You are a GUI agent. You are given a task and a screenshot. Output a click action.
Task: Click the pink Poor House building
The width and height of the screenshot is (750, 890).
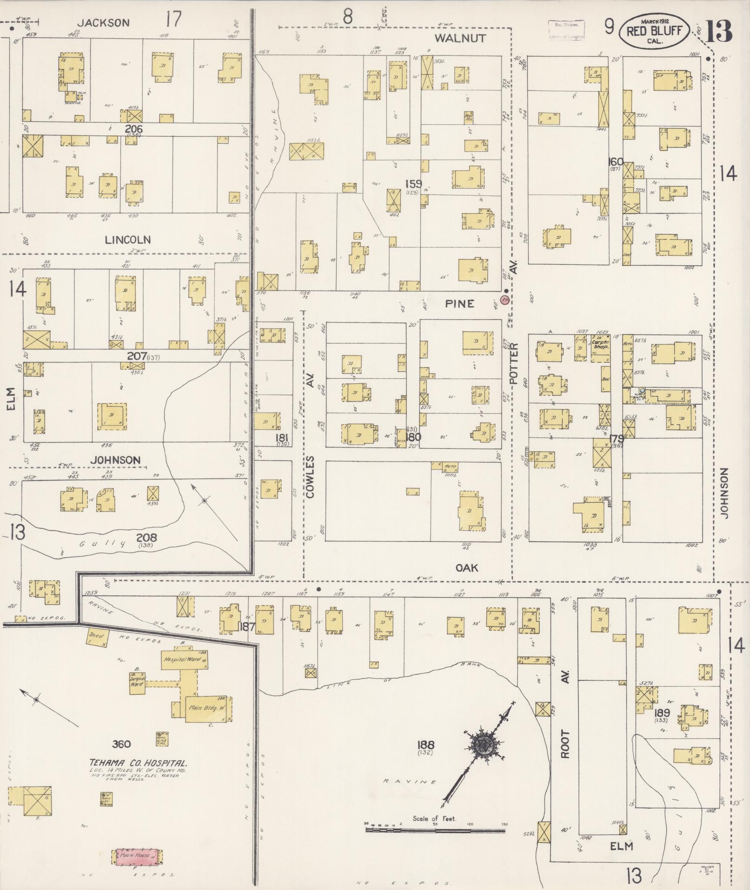[x=137, y=855]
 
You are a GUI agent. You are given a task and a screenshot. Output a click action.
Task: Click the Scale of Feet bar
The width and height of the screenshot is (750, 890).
[x=435, y=829]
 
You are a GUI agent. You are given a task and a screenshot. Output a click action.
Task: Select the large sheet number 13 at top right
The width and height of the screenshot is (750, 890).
[x=720, y=31]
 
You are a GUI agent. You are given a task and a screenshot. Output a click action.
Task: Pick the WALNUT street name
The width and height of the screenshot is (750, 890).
[x=460, y=38]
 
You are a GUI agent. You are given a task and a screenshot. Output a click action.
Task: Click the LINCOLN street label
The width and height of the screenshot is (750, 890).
[x=127, y=240]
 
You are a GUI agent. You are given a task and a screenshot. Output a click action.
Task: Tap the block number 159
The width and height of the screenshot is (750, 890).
[x=413, y=184]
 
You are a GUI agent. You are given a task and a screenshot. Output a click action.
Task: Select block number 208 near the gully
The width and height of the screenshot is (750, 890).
[x=146, y=538]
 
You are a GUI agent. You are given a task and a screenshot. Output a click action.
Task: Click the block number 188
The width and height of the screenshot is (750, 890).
[x=426, y=745]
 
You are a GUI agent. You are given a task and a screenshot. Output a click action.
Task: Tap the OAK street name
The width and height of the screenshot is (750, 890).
[x=466, y=568]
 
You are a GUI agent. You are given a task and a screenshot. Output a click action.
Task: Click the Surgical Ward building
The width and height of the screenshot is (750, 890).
[x=138, y=683]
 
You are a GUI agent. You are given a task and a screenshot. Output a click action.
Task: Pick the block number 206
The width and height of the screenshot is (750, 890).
[x=133, y=129]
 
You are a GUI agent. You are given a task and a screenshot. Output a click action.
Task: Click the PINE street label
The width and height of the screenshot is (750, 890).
[x=459, y=303]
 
